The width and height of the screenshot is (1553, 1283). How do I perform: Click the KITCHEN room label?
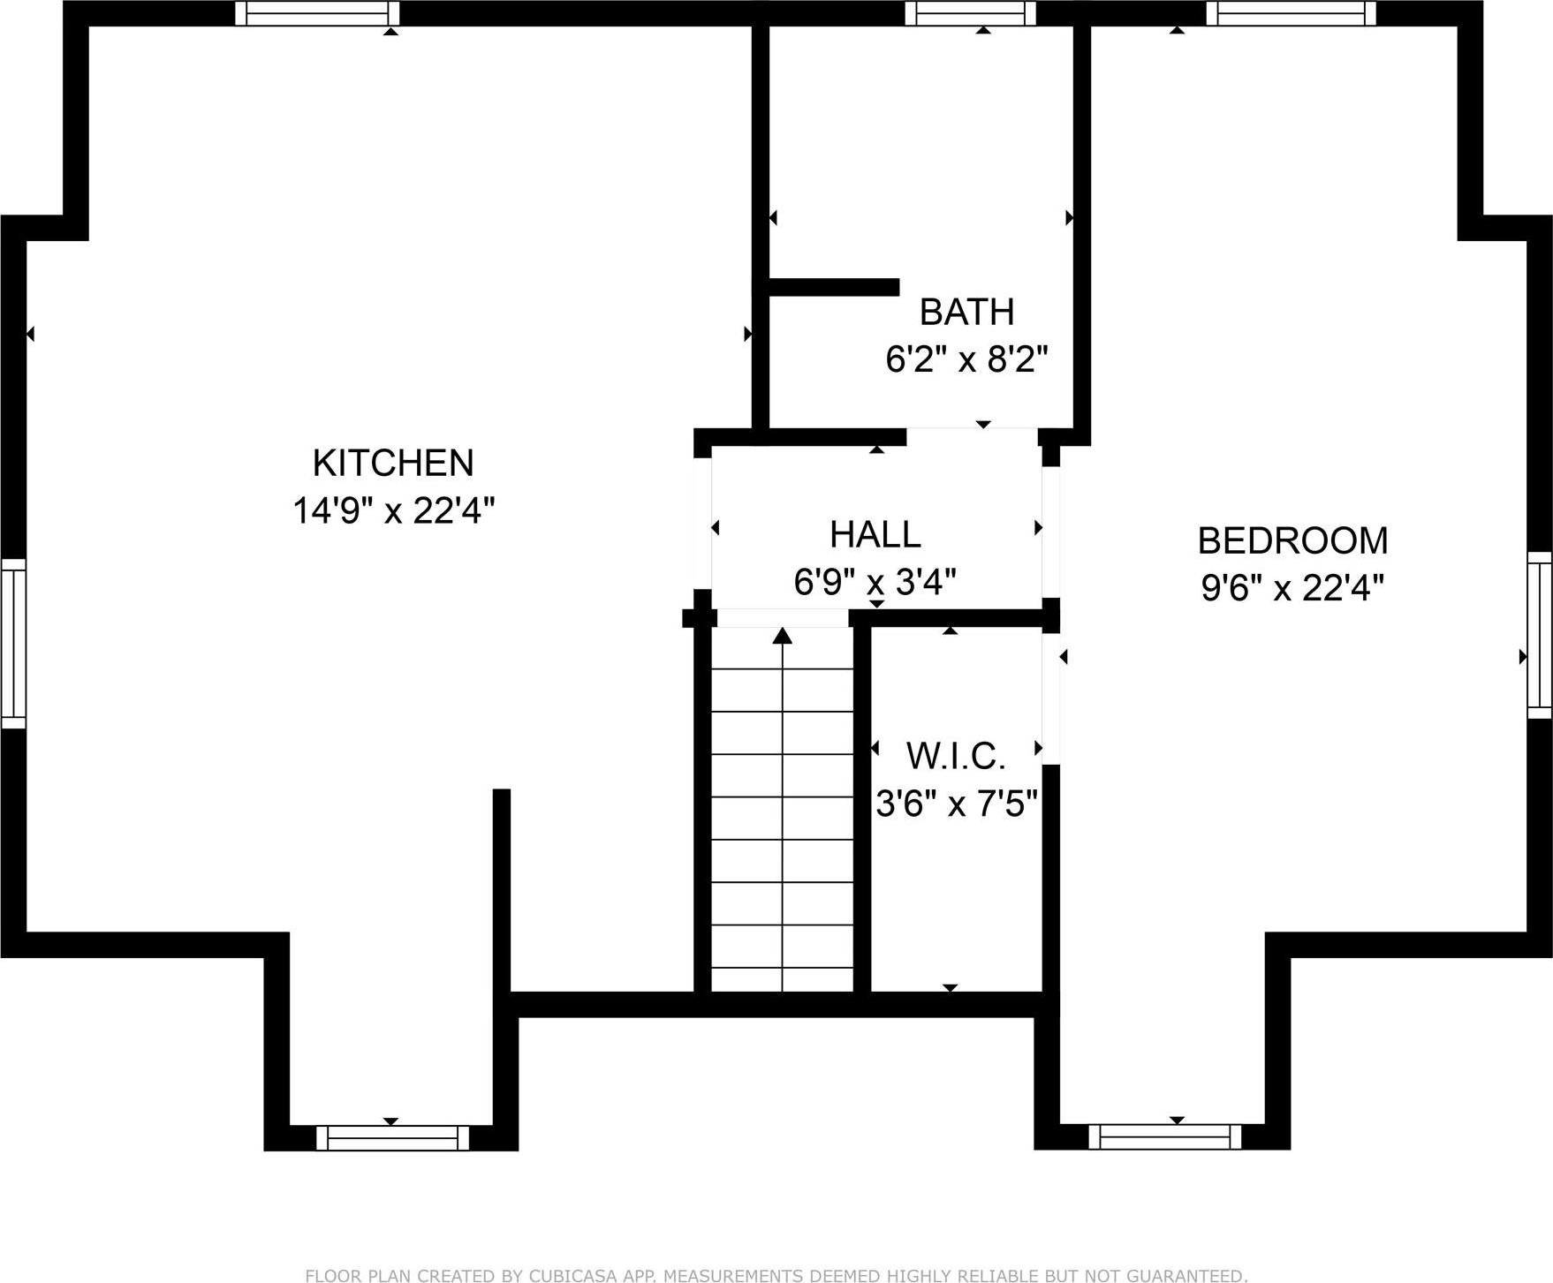pyautogui.click(x=393, y=464)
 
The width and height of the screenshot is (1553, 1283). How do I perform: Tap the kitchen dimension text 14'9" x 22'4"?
pyautogui.click(x=393, y=510)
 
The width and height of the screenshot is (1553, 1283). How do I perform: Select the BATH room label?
pyautogui.click(x=966, y=312)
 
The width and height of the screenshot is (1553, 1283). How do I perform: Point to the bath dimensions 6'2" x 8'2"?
pyautogui.click(x=966, y=359)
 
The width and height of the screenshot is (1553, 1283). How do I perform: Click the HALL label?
pyautogui.click(x=875, y=534)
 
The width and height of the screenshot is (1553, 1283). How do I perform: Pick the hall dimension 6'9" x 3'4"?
pyautogui.click(x=875, y=582)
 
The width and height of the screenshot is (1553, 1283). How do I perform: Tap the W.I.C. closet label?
pyautogui.click(x=956, y=756)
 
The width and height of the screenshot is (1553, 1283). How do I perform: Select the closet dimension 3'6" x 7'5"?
pyautogui.click(x=956, y=804)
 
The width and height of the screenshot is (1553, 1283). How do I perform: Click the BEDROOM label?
pyautogui.click(x=1292, y=540)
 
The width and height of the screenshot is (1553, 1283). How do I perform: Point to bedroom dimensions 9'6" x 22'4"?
pyautogui.click(x=1292, y=587)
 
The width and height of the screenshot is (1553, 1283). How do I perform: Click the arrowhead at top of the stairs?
pyautogui.click(x=783, y=636)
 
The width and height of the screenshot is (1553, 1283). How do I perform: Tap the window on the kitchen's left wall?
pyautogui.click(x=13, y=643)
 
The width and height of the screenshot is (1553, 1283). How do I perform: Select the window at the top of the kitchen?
pyautogui.click(x=317, y=13)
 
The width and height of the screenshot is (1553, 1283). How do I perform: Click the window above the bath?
pyautogui.click(x=970, y=13)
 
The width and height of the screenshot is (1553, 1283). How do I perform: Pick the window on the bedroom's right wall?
pyautogui.click(x=1540, y=634)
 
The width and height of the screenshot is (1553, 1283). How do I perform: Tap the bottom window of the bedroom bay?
pyautogui.click(x=1164, y=1136)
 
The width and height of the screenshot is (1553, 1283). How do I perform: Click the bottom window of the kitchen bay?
pyautogui.click(x=392, y=1137)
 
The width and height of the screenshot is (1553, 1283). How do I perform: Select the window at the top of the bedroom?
pyautogui.click(x=1291, y=13)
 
